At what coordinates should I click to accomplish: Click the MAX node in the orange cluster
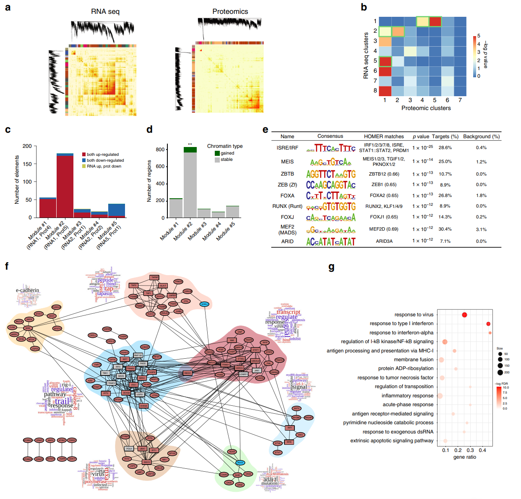point(28,328)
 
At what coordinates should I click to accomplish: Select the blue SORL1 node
point(204,304)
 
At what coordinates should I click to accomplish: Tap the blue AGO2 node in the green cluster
point(240,462)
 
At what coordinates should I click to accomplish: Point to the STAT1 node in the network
point(255,349)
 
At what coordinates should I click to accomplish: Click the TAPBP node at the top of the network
point(155,277)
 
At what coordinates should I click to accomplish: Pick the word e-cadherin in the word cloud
point(27,290)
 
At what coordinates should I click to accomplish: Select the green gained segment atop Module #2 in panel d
point(190,150)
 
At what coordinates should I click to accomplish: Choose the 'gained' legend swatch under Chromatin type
point(217,153)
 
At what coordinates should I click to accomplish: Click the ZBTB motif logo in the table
point(331,174)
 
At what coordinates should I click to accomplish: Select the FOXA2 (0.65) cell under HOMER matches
point(384,195)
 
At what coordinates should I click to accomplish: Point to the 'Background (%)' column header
point(481,137)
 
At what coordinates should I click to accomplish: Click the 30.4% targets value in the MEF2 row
point(445,229)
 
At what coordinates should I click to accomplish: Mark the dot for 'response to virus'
point(464,315)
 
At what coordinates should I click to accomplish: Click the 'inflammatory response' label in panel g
point(407,396)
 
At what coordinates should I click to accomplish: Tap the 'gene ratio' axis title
point(464,457)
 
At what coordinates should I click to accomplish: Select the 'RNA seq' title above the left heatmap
point(105,12)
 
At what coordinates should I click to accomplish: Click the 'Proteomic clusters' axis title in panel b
point(426,108)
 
